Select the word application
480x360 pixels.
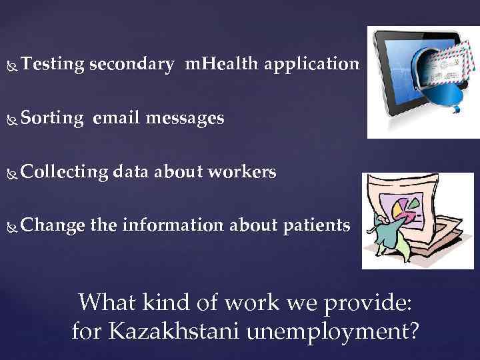[x=311, y=65]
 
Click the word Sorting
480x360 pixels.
[x=52, y=119]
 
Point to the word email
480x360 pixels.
[x=117, y=119]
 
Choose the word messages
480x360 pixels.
[x=185, y=119]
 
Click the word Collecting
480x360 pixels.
[x=64, y=173]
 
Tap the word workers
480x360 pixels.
[x=241, y=172]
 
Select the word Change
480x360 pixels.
[x=53, y=227]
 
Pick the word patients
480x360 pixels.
[x=316, y=227]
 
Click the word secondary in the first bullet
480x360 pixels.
[x=131, y=65]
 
